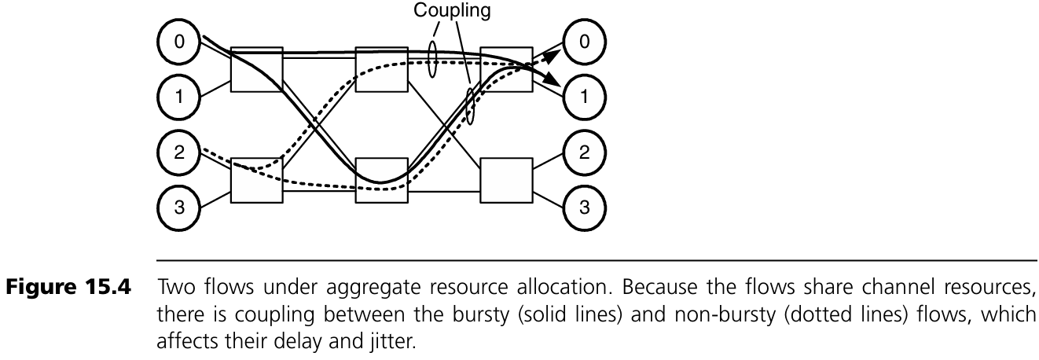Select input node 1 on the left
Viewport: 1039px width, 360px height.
click(179, 97)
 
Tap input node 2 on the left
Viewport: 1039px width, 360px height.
click(179, 152)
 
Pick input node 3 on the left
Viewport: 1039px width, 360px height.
click(179, 208)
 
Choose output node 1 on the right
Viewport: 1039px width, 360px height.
click(582, 97)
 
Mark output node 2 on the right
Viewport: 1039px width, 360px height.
click(582, 152)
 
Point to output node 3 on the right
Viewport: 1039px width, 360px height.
click(582, 208)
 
